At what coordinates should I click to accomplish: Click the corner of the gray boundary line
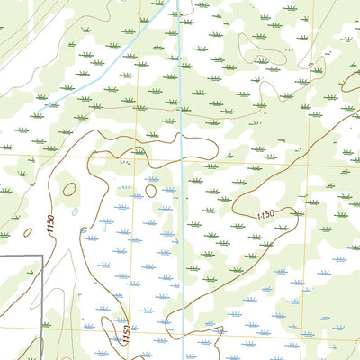tap(42, 256)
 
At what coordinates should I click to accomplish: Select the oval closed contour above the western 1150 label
tap(69, 189)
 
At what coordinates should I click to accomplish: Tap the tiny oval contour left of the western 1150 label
tap(28, 231)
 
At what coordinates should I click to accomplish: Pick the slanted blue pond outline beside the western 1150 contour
tap(76, 212)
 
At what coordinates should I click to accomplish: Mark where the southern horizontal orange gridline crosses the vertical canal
tap(182, 328)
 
